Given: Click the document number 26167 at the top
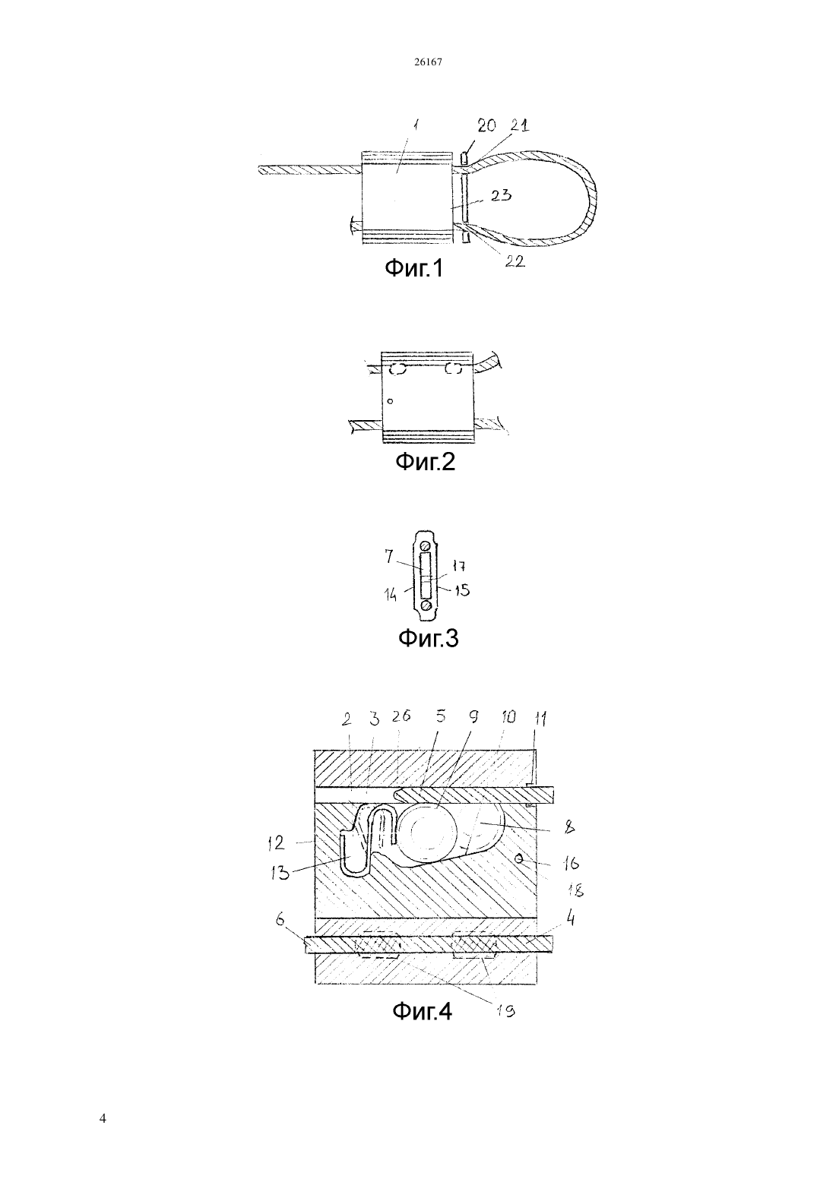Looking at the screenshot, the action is (x=427, y=62).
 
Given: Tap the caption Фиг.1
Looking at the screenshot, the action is (x=413, y=268).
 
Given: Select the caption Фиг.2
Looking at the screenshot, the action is (x=425, y=462).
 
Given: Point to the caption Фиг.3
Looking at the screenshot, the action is (x=428, y=638).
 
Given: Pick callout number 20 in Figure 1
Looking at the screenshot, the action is (x=486, y=125).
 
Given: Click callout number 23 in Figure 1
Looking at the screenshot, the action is (x=501, y=196).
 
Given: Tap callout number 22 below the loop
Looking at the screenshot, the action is (x=515, y=261).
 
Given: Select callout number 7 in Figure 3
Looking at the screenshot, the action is (x=389, y=556).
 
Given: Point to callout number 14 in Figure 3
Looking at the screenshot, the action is (x=391, y=595).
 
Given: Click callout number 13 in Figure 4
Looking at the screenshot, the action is (x=280, y=874).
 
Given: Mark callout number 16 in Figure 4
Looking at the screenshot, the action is (x=571, y=863).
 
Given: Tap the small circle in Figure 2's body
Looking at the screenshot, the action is (x=390, y=402).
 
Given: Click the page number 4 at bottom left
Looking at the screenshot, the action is (x=103, y=1118).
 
